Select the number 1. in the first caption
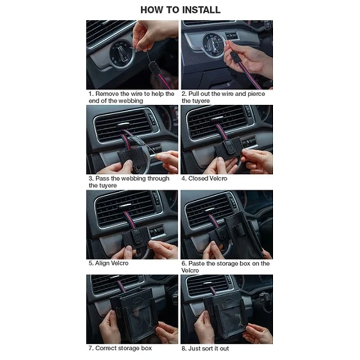[x=91, y=94]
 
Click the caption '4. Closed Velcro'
[x=205, y=179]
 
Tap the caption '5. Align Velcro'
[x=108, y=263]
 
